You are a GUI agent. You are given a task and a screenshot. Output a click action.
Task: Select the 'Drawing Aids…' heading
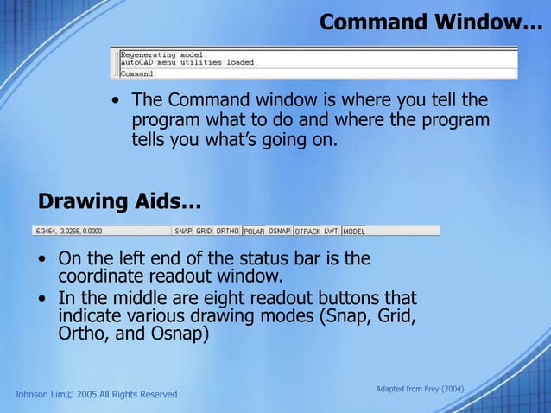(119, 202)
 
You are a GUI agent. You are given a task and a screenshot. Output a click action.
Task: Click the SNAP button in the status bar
(183, 232)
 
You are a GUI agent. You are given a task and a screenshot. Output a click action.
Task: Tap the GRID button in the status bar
(204, 232)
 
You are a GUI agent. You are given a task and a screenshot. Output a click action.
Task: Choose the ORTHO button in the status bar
(227, 232)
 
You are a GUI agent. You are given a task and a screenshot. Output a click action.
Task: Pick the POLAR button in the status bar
(254, 232)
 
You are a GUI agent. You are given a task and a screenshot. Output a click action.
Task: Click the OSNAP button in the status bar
(279, 232)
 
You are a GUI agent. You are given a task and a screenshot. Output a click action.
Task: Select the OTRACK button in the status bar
(307, 232)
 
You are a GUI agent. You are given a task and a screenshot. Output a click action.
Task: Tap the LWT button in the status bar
(331, 232)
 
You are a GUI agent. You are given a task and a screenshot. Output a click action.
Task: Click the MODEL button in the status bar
(354, 232)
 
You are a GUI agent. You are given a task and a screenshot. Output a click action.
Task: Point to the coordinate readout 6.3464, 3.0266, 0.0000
(67, 232)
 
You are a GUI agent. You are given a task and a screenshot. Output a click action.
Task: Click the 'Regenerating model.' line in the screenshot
(153, 54)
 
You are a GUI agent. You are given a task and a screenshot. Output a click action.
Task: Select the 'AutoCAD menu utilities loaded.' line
(188, 62)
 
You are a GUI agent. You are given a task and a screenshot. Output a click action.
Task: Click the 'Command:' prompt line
(138, 74)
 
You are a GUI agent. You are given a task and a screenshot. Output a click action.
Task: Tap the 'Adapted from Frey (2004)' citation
(420, 390)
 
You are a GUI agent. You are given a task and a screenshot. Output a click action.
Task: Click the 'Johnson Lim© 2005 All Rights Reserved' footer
(96, 395)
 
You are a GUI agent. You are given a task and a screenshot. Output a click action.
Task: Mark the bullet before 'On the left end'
(42, 259)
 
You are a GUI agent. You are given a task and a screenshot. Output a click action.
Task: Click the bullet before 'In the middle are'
(42, 298)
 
